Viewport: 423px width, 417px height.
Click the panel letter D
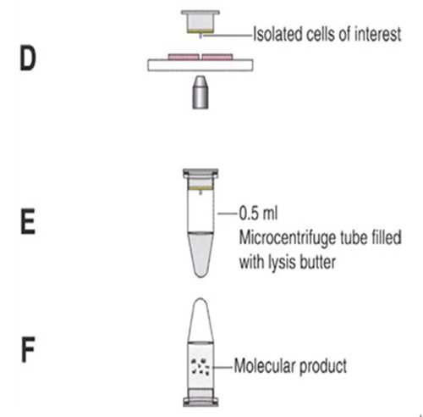click(28, 58)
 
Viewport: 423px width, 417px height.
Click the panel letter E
click(28, 221)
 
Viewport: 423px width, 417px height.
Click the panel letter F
click(28, 349)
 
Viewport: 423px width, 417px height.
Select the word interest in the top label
click(377, 34)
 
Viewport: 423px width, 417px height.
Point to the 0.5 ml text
click(258, 213)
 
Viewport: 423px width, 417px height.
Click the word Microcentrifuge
click(288, 237)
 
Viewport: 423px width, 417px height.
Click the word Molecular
click(264, 366)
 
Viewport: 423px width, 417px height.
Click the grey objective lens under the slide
click(201, 92)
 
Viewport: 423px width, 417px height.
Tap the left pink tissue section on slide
click(184, 57)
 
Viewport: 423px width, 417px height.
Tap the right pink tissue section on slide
click(217, 57)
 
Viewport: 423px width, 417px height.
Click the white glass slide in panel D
click(201, 65)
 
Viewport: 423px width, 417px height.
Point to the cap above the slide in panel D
click(201, 22)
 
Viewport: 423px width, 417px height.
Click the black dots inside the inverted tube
click(201, 367)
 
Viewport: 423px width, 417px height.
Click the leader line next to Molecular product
click(222, 367)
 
